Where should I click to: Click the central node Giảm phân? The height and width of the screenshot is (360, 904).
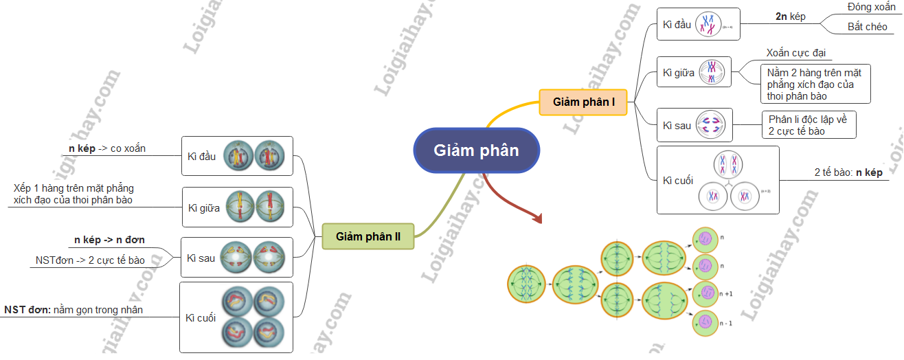[x=476, y=150]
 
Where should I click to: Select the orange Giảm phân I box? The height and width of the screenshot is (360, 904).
[x=583, y=102]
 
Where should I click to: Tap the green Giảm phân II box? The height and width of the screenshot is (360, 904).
[x=368, y=237]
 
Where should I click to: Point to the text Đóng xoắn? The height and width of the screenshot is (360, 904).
[x=870, y=7]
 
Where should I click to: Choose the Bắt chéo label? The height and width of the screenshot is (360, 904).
[x=867, y=27]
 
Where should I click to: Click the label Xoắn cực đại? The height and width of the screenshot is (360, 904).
[x=795, y=53]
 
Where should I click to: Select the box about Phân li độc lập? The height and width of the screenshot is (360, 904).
[x=809, y=124]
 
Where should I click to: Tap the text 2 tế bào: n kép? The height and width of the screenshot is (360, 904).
[x=848, y=172]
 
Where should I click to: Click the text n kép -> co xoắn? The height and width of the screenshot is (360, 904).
[x=106, y=148]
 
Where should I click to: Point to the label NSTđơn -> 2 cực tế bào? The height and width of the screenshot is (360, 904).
[x=90, y=260]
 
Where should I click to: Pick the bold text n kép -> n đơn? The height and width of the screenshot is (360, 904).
[x=109, y=240]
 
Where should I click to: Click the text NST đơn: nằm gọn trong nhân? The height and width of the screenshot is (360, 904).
[x=74, y=310]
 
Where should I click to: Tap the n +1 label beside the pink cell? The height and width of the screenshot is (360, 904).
[x=726, y=293]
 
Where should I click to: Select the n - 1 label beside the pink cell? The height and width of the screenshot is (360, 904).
[x=726, y=322]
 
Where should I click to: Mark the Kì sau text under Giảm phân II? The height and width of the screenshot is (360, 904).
[x=201, y=258]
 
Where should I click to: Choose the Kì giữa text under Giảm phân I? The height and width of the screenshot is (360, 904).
[x=678, y=72]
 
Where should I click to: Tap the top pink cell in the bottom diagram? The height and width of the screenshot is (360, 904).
[x=704, y=238]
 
